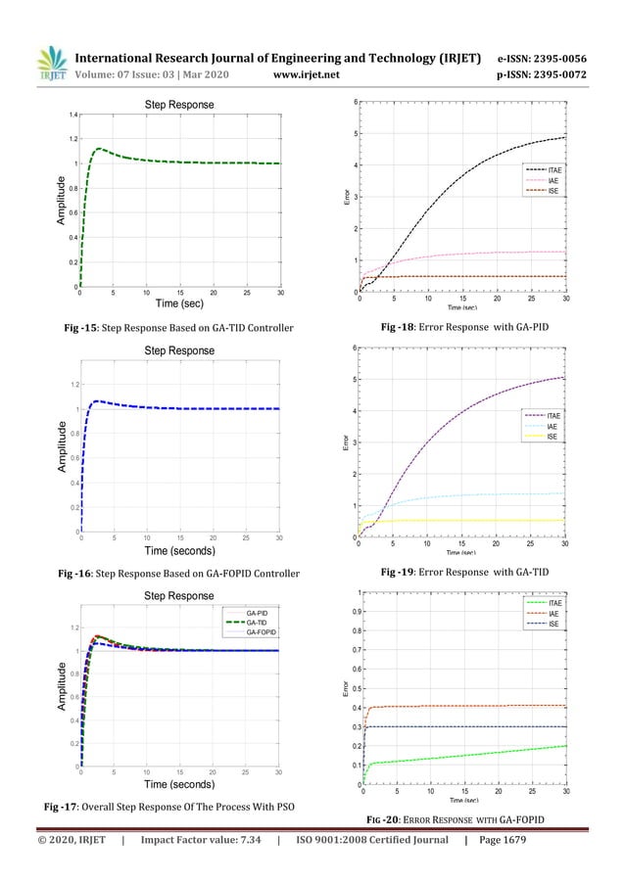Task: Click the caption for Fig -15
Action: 174,325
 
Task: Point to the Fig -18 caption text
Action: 464,325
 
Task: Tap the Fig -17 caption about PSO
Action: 172,806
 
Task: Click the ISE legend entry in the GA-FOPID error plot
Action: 553,624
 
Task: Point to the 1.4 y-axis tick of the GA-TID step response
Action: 72,116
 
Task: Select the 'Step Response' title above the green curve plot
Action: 179,104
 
